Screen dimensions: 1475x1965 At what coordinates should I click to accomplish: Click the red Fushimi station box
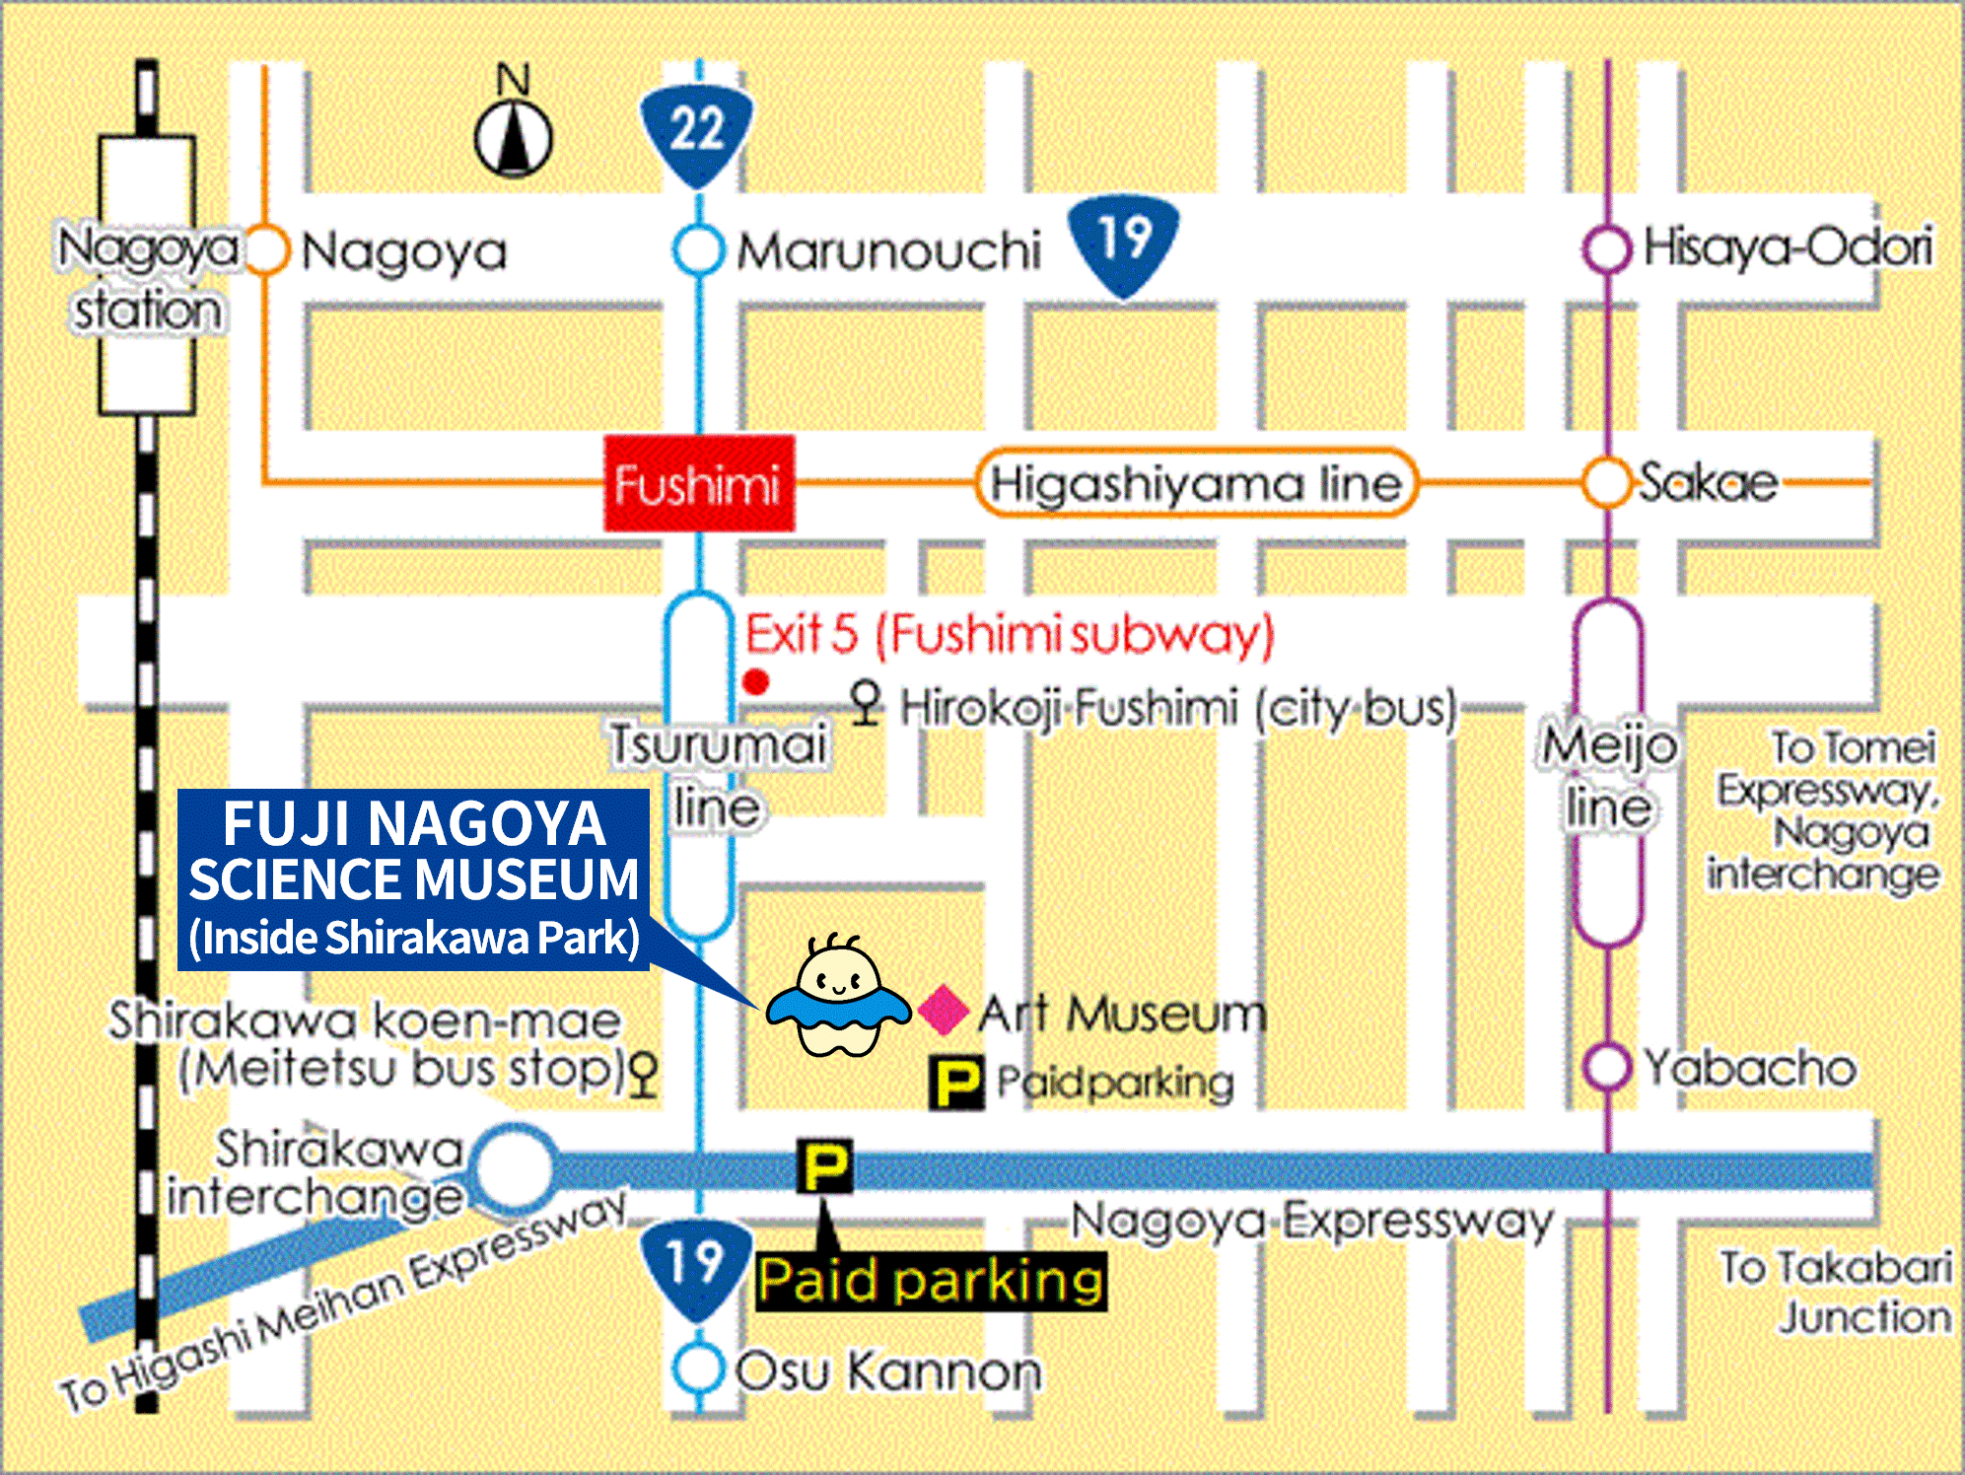(x=698, y=483)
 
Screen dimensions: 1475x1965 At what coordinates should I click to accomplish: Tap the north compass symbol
(x=513, y=138)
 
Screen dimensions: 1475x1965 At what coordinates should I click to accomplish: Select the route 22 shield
(x=697, y=133)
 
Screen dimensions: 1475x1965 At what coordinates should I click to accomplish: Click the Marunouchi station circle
(x=699, y=249)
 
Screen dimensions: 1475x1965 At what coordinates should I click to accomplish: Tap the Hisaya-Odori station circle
(x=1606, y=249)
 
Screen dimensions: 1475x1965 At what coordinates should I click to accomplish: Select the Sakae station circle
(x=1606, y=482)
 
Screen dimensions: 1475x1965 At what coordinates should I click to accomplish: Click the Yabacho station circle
(x=1607, y=1067)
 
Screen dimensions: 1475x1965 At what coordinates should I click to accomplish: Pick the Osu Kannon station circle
(x=698, y=1369)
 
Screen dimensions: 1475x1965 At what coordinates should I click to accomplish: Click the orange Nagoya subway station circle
(x=265, y=249)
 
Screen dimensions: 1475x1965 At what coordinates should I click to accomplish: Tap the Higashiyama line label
(x=1195, y=483)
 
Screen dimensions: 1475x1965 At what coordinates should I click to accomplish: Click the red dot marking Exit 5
(x=756, y=681)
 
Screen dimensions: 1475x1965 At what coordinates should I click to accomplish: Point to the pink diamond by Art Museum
(x=943, y=1010)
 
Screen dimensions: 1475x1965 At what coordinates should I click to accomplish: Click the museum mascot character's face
(x=837, y=976)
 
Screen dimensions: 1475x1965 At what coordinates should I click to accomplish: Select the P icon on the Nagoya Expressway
(x=824, y=1166)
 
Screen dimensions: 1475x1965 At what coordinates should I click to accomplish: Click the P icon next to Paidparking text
(x=956, y=1083)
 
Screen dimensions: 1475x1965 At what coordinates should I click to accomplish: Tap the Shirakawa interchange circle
(x=515, y=1169)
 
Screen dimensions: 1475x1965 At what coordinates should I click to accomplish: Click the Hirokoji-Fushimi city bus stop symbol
(x=865, y=703)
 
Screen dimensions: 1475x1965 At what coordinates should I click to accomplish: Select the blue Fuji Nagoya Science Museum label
(x=413, y=879)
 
